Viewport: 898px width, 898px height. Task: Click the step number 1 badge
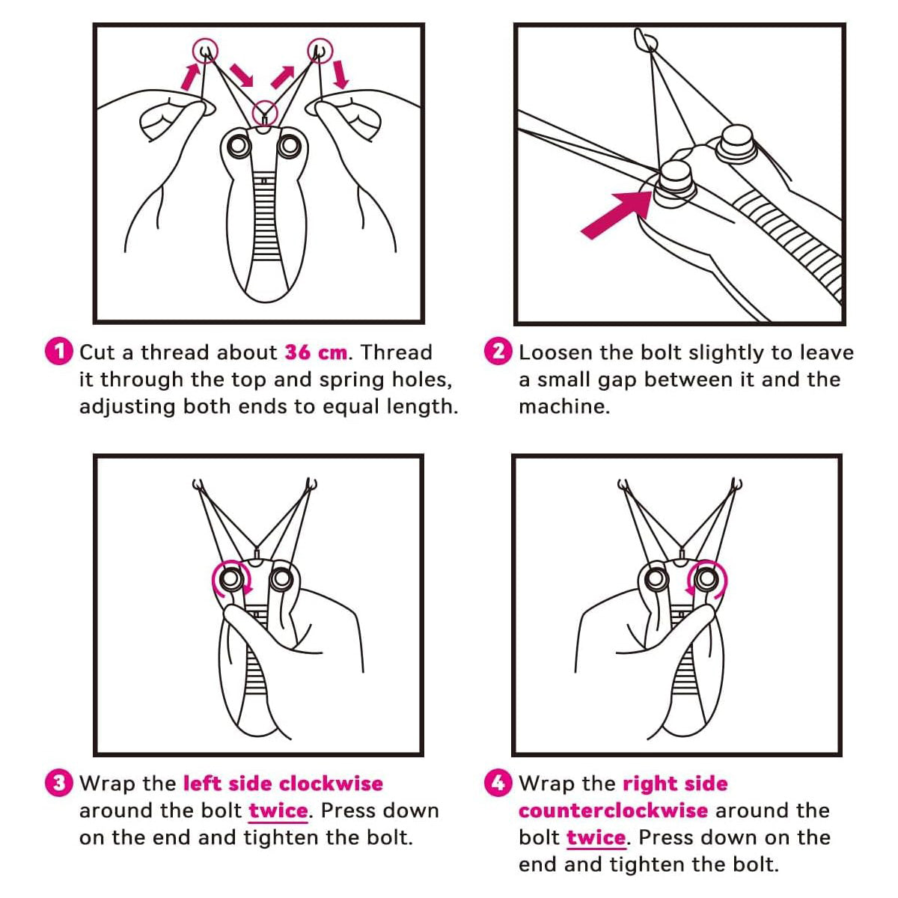[x=58, y=351]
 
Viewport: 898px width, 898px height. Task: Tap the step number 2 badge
[x=498, y=351]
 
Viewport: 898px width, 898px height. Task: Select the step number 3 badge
[x=58, y=783]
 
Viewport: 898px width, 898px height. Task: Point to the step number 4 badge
[x=498, y=783]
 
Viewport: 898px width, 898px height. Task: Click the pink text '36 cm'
[x=316, y=352]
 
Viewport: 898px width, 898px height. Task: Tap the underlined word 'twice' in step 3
[x=278, y=811]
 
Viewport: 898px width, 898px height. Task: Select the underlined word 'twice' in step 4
[x=596, y=837]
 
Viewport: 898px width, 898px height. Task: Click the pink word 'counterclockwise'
[x=613, y=810]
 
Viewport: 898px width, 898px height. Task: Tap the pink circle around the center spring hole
[x=265, y=112]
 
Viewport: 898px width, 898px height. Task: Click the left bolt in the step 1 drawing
[x=239, y=146]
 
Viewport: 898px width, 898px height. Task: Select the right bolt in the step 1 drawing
[x=290, y=146]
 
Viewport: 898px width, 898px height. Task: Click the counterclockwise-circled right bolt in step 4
[x=706, y=578]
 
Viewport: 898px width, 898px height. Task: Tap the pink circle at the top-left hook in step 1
[x=206, y=50]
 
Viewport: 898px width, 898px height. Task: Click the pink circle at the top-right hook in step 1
[x=320, y=50]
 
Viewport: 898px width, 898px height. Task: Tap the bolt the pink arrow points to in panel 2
[x=675, y=182]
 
